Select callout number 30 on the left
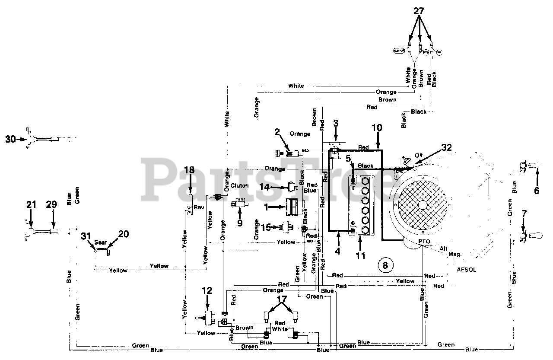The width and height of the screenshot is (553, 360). (x=10, y=139)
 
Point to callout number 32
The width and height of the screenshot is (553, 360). (x=446, y=148)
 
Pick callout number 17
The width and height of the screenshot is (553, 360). (x=282, y=299)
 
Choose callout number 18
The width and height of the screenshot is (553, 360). (x=189, y=169)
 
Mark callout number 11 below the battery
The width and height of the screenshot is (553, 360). (x=360, y=256)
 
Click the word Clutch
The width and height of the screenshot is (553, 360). (x=239, y=185)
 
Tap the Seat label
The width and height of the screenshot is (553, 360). (x=101, y=242)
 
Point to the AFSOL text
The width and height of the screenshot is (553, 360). (x=467, y=268)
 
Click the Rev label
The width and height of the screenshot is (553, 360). (x=199, y=207)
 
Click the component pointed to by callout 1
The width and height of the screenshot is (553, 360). (x=294, y=207)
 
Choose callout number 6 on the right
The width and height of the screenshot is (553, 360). (x=536, y=190)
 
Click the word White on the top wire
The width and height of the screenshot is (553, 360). (x=296, y=86)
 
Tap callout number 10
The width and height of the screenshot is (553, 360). (x=377, y=127)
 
